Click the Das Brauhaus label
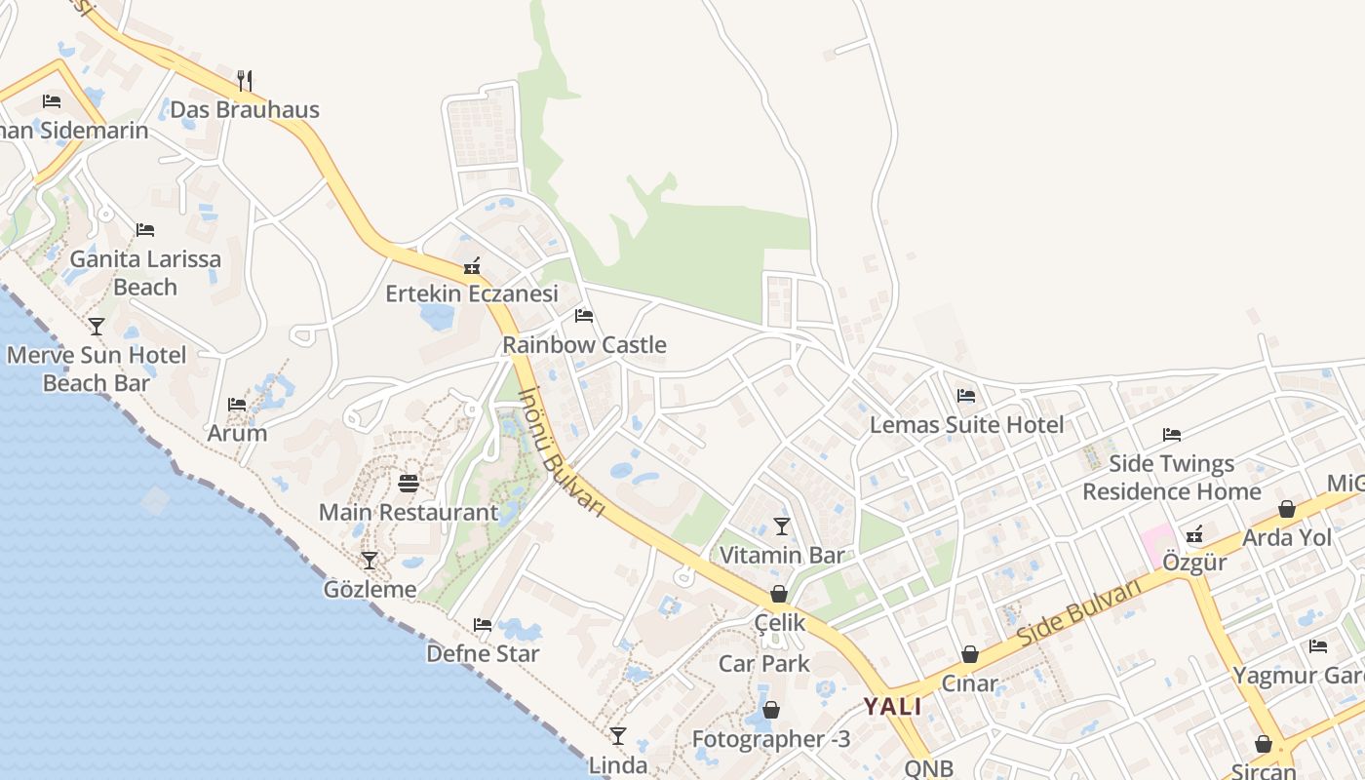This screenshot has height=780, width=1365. point(245,109)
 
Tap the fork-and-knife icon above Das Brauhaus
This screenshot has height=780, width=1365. point(245,80)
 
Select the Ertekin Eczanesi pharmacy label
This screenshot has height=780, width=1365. point(472,293)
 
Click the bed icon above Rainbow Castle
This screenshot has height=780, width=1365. point(584,315)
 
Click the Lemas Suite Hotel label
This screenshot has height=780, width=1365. point(966,425)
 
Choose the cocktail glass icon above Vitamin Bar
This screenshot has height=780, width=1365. point(781,526)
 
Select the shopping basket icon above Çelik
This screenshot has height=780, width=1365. point(779,593)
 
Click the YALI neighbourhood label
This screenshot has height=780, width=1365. point(892,707)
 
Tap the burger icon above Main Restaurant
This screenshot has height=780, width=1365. point(409,483)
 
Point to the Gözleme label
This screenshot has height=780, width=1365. point(370,589)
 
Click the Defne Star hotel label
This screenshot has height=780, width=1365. point(483,653)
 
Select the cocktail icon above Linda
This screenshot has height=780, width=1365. point(617,735)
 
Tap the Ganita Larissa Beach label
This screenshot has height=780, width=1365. point(145,273)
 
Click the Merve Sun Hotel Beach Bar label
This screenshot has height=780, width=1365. point(96,369)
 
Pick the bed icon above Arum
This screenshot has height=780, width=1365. point(237,404)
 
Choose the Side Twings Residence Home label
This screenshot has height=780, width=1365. point(1172,477)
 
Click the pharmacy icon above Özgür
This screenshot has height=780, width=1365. point(1194,533)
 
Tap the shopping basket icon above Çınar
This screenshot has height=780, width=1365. point(969,654)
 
